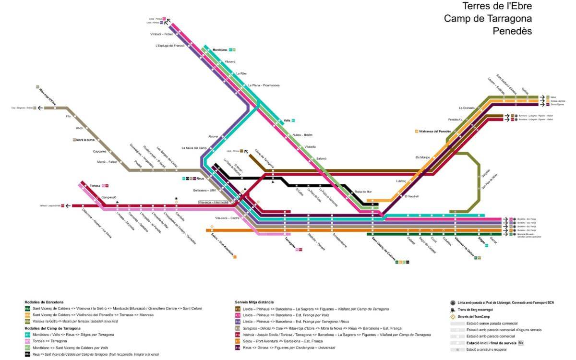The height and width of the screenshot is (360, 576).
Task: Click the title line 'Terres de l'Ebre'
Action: [497, 6]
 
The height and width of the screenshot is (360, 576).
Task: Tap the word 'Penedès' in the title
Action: [512, 31]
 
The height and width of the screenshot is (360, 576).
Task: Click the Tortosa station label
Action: [95, 185]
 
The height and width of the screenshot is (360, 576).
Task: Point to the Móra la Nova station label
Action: [85, 140]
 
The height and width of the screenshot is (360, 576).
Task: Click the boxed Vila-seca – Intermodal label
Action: [216, 203]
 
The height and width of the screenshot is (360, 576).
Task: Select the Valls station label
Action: [287, 120]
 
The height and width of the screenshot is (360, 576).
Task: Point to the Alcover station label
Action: [213, 136]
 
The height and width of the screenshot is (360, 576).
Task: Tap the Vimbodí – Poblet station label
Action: [161, 35]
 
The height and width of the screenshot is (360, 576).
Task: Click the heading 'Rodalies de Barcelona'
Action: [44, 302]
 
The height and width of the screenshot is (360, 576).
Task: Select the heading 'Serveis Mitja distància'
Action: [254, 302]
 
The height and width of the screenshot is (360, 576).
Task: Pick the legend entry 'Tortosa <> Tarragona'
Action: [49, 341]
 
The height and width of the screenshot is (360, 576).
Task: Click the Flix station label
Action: [68, 116]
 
